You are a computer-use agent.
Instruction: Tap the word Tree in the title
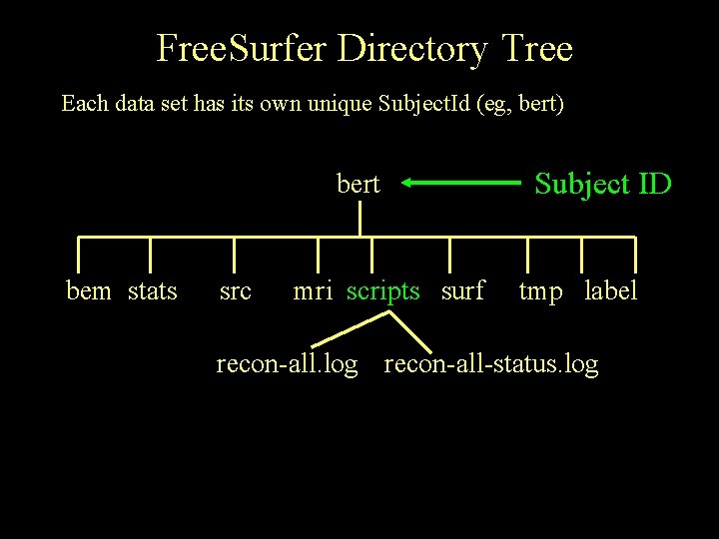(x=536, y=48)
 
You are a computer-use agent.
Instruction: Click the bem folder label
(x=89, y=291)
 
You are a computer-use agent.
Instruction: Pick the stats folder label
(x=153, y=291)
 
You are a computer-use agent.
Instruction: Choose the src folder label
(x=236, y=291)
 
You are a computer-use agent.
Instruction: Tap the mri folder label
(x=313, y=291)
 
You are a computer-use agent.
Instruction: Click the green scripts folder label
(x=383, y=291)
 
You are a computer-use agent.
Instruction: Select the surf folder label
(x=462, y=291)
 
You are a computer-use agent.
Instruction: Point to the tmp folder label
(x=540, y=291)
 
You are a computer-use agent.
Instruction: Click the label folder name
(x=610, y=291)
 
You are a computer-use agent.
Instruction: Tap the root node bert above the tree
(x=358, y=185)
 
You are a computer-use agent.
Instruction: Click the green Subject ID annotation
(x=603, y=184)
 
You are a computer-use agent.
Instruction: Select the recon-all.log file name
(x=287, y=365)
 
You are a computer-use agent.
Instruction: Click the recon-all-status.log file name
(x=491, y=365)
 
